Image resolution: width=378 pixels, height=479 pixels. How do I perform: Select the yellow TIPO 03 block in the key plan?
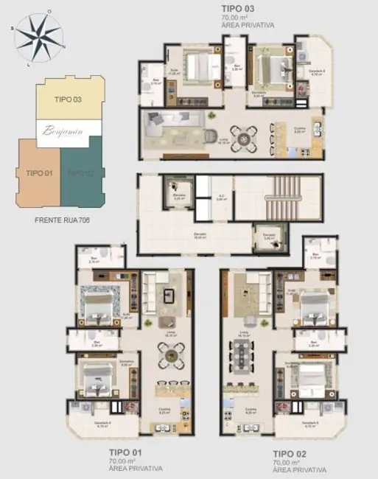[67, 99]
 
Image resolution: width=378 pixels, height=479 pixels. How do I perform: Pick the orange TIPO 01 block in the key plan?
[38, 173]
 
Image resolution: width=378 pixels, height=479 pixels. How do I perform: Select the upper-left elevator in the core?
[178, 189]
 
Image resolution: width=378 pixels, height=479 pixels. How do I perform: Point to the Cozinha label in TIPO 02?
[251, 410]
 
